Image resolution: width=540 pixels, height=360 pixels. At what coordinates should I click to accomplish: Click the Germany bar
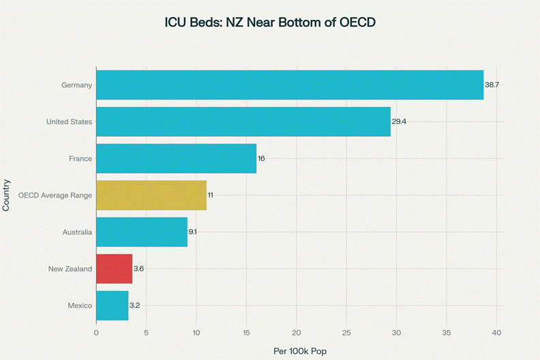click(x=290, y=85)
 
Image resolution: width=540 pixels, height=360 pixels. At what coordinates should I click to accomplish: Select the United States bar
click(x=243, y=121)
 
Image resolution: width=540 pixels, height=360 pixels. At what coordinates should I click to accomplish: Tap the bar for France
click(x=176, y=158)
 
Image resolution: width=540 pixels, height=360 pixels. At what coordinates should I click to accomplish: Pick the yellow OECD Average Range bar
click(x=151, y=195)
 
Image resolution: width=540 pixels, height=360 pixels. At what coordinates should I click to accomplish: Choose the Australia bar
click(x=142, y=232)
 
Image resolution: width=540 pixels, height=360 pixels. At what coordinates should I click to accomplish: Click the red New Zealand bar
click(x=114, y=269)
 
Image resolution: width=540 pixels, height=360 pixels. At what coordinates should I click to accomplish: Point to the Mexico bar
click(x=112, y=305)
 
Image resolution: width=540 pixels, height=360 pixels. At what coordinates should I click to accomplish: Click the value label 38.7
click(x=492, y=85)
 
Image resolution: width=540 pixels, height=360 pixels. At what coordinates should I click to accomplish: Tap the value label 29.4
click(x=400, y=121)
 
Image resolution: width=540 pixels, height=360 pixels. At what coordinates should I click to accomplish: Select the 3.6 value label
click(x=138, y=269)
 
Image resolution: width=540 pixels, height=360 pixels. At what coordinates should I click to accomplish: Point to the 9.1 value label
click(x=193, y=232)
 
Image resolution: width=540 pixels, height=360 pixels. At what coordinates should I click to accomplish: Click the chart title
click(x=270, y=22)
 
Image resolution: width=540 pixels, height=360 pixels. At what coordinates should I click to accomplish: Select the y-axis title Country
click(x=6, y=195)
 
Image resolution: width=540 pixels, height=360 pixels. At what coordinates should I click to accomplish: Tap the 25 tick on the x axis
click(x=346, y=333)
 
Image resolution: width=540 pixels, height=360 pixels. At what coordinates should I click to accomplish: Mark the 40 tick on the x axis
click(x=496, y=333)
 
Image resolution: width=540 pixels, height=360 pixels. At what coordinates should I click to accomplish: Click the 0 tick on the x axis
click(x=96, y=333)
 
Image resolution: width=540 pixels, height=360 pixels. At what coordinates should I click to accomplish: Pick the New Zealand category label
click(x=70, y=269)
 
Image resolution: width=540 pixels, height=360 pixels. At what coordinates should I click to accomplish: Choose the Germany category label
click(x=76, y=85)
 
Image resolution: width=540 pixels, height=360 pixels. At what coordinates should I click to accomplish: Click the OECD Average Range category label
click(x=55, y=195)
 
